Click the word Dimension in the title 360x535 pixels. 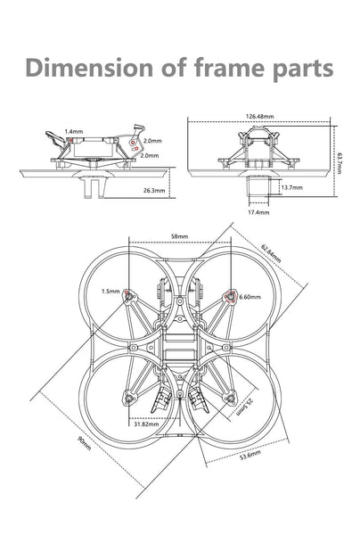(x=87, y=69)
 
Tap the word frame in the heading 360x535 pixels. (x=225, y=69)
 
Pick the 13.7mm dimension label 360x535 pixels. (x=291, y=188)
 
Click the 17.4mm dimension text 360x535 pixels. (x=258, y=213)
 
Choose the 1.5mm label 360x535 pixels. (x=110, y=291)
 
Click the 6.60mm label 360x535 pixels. (x=250, y=297)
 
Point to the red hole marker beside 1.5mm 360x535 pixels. (x=130, y=293)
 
